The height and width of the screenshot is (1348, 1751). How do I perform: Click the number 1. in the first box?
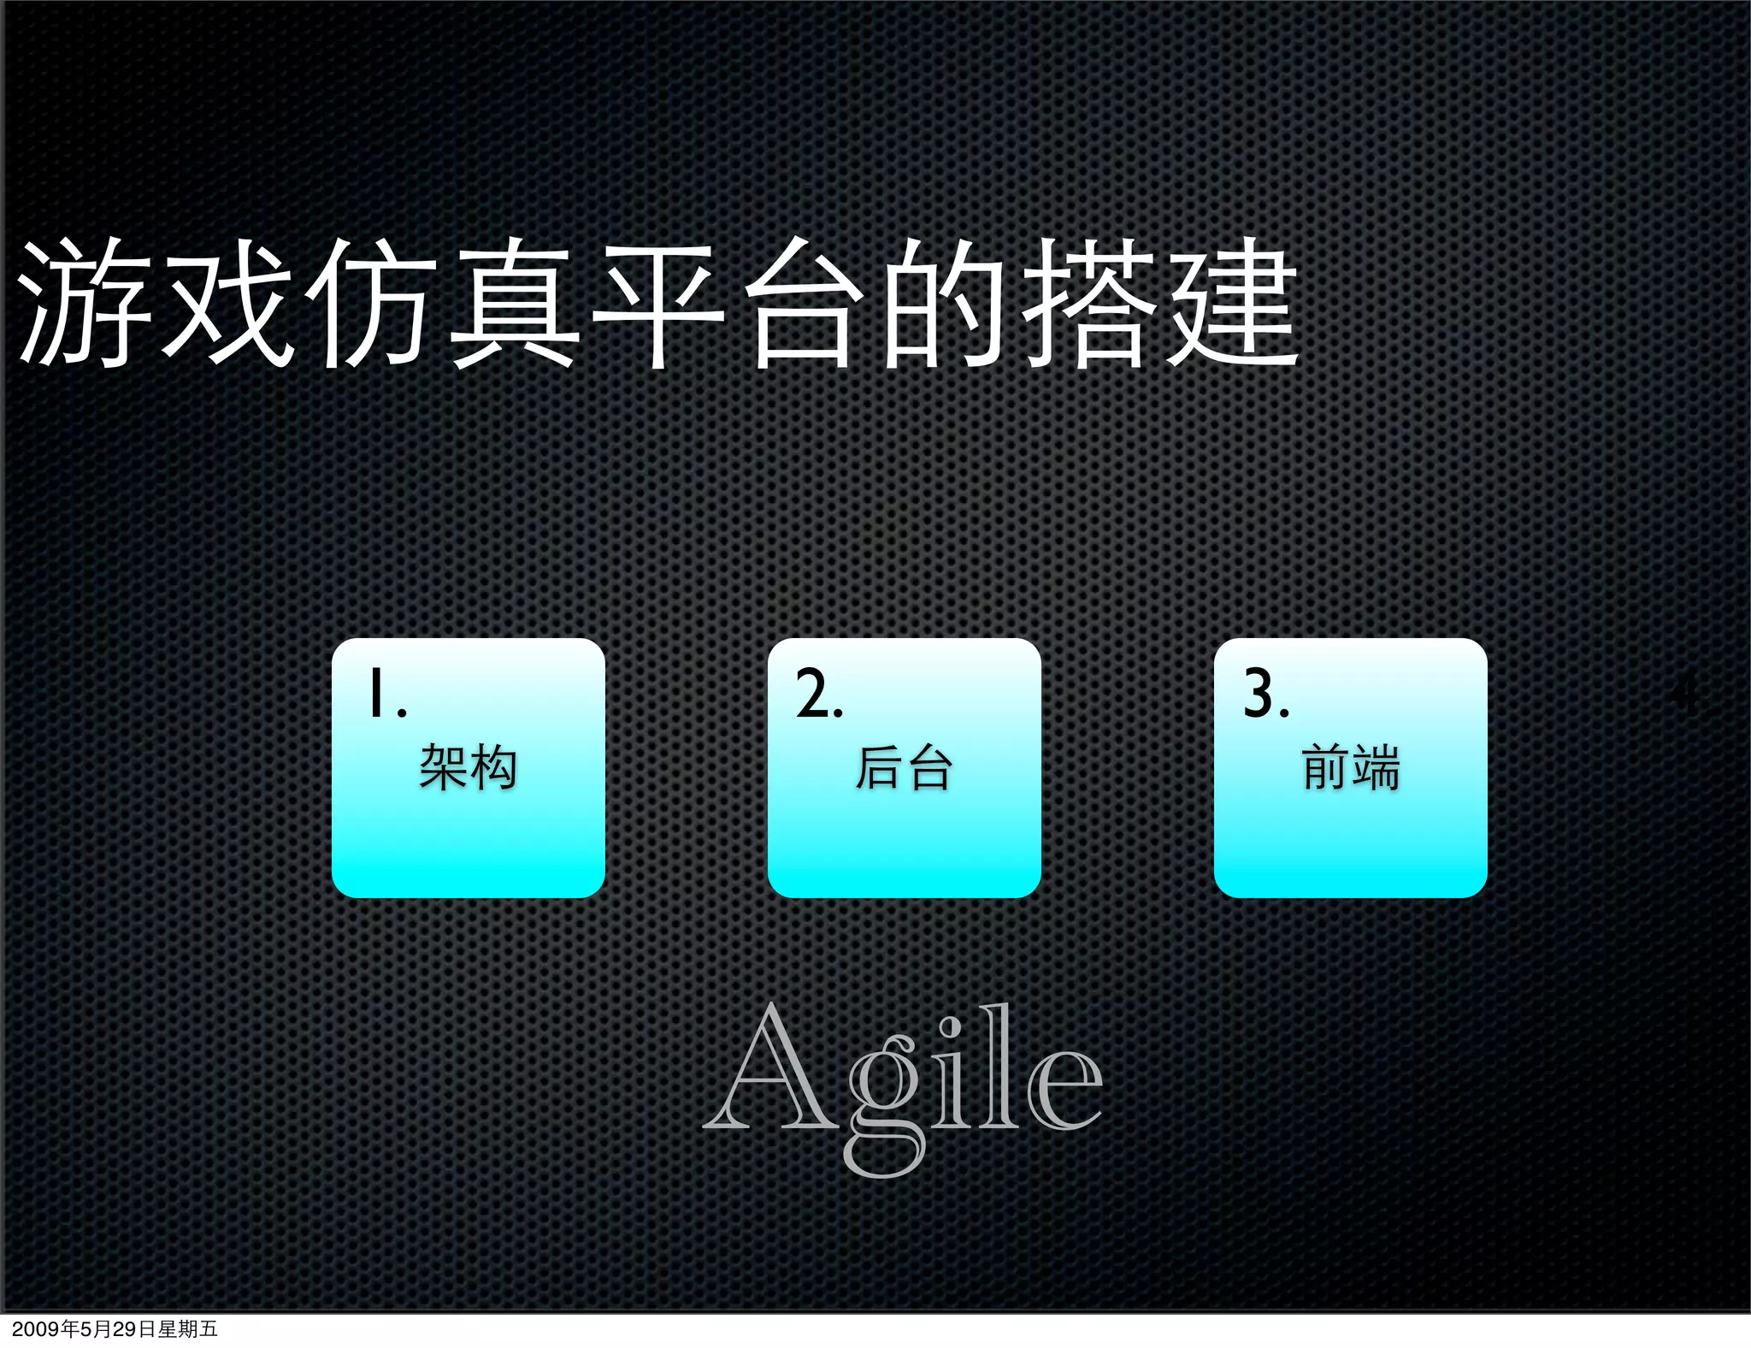386,694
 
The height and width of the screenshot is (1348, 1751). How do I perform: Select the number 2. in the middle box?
819,694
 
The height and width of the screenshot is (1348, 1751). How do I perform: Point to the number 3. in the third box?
1265,694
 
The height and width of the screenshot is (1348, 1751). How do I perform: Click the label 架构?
468,767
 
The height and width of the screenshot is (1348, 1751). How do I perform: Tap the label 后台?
904,767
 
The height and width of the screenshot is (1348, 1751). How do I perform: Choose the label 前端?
1350,767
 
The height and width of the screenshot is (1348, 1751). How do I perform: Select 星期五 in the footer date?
188,1329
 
